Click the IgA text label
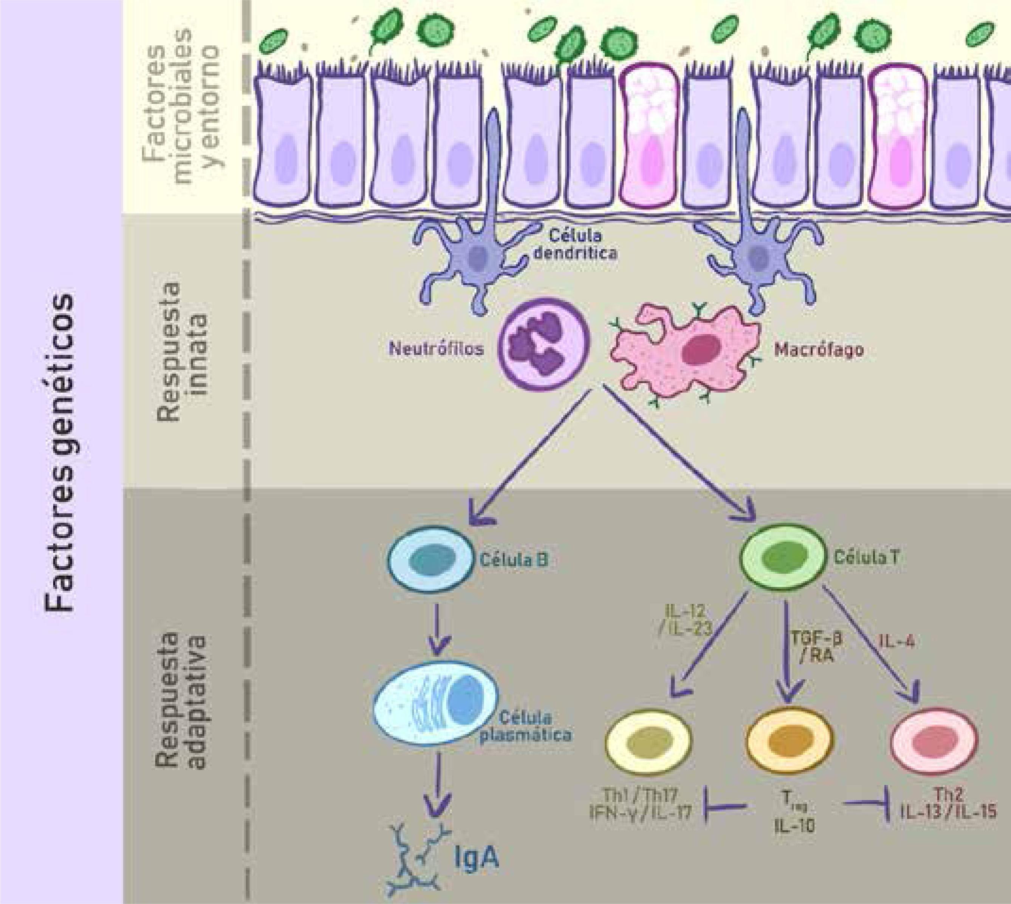[477, 858]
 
